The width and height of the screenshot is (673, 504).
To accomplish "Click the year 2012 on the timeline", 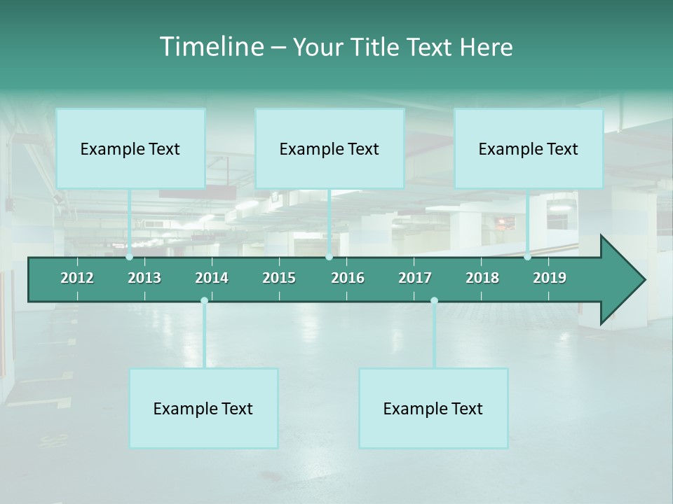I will tap(77, 278).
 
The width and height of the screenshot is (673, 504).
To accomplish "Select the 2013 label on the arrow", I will tap(144, 278).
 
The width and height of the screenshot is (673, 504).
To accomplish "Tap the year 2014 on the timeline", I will tap(212, 278).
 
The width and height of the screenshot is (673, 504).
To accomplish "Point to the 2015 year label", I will tap(279, 278).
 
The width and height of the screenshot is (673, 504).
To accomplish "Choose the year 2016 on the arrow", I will tap(348, 278).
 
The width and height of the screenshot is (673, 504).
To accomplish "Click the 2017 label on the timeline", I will tap(415, 278).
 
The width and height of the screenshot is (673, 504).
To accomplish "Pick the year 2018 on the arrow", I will tap(482, 278).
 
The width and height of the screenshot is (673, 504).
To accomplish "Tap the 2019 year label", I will tap(550, 278).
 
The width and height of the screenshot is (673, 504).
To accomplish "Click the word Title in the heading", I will tap(377, 48).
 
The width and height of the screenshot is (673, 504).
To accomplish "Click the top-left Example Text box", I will tap(130, 148).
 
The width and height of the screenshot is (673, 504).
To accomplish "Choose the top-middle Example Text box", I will tap(329, 148).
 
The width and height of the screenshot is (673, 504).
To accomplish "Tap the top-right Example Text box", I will tap(529, 148).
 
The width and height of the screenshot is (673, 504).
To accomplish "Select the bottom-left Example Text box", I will tap(203, 408).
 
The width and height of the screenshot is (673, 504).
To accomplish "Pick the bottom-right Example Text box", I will tap(433, 408).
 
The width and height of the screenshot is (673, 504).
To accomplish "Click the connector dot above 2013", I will tap(129, 257).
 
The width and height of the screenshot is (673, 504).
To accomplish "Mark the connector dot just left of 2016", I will tap(329, 257).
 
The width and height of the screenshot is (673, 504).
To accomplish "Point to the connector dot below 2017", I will tap(434, 300).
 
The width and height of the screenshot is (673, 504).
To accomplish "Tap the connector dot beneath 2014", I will tap(204, 300).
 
